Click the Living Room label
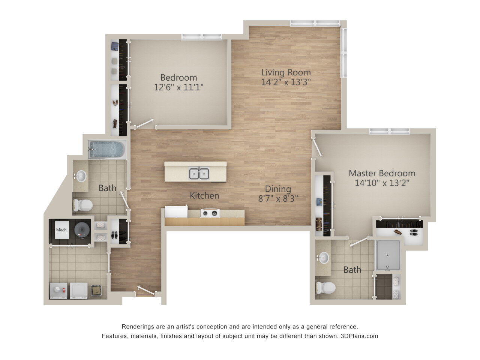286,72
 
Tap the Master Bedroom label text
382,173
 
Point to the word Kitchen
204,195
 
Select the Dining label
278,189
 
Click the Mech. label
61,230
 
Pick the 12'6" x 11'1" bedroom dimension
178,87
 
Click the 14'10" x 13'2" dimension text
382,183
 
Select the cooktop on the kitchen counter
209,213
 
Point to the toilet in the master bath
325,288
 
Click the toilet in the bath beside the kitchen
83,205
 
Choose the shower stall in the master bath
388,255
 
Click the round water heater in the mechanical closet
82,229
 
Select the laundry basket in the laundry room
97,290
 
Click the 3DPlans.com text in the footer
360,336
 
